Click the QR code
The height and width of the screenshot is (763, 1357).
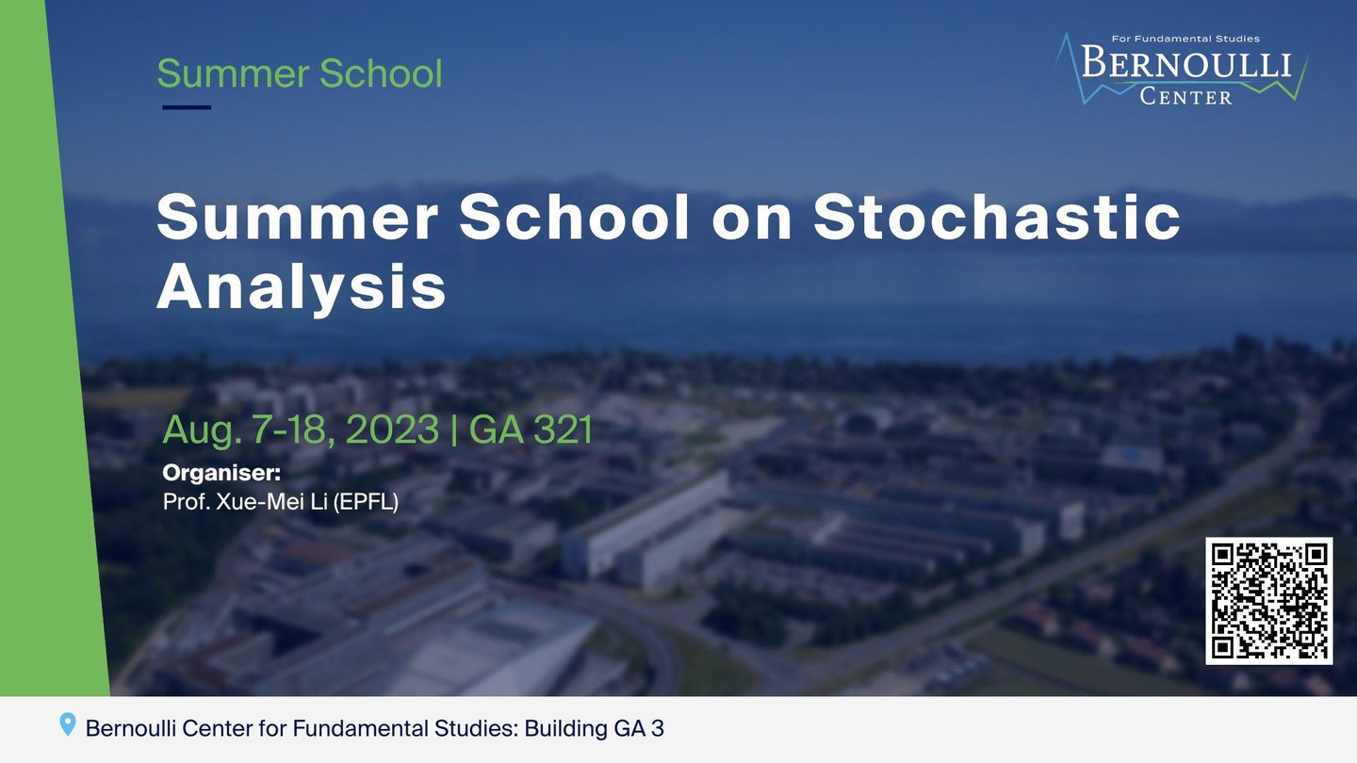[1268, 601]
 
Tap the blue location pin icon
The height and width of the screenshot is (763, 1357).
[68, 724]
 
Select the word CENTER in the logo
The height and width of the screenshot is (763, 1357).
[1185, 97]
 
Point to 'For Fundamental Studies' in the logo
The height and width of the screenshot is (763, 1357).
[1185, 39]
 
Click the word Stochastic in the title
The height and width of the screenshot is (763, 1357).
[997, 217]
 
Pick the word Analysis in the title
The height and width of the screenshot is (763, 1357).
[302, 286]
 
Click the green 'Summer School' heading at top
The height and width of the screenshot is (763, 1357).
[300, 73]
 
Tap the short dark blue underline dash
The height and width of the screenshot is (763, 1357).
[187, 107]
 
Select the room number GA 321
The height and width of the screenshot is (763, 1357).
[531, 430]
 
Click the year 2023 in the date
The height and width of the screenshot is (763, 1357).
[392, 430]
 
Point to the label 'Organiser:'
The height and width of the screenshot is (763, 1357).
[221, 473]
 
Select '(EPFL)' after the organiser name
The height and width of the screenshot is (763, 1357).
[366, 502]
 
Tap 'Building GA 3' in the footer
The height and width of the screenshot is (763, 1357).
[595, 728]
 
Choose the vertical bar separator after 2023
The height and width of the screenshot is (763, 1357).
[454, 430]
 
